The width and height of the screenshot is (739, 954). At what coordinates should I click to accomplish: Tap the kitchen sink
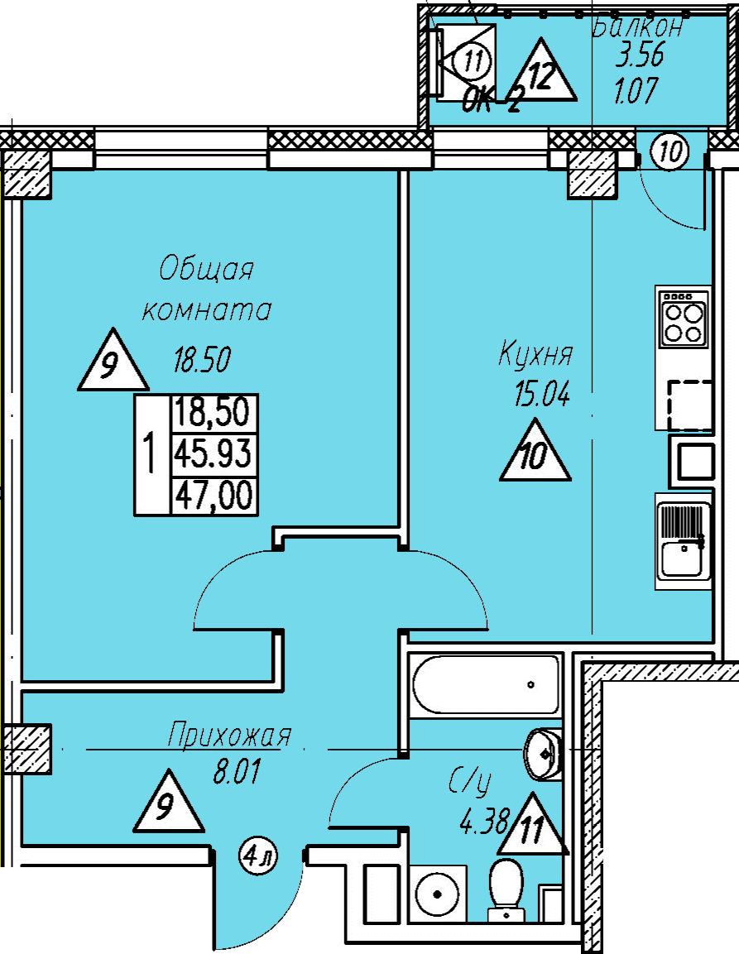point(684,541)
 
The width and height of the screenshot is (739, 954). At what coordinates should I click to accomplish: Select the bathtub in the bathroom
point(485,684)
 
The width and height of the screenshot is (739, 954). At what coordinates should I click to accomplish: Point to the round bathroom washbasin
point(542,754)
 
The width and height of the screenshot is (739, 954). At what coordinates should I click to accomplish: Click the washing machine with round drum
point(438,894)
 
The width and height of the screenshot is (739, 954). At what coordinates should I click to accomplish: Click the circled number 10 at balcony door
point(669,151)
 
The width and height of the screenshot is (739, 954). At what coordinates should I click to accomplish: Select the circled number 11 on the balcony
point(472,61)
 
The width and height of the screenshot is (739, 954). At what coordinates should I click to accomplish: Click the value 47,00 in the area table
point(214,495)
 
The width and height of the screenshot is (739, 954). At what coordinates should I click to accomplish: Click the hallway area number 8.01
point(236,771)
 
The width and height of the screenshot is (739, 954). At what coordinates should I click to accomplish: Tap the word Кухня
point(535,355)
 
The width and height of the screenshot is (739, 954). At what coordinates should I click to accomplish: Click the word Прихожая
point(229,735)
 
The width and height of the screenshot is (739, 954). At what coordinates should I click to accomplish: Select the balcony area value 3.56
point(639,56)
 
